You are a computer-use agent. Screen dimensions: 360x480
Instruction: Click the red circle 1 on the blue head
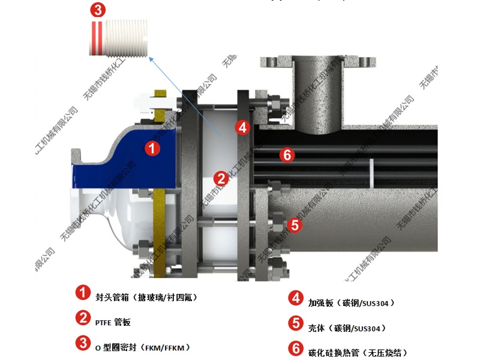(154, 149)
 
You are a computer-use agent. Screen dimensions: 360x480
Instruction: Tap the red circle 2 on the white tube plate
(221, 178)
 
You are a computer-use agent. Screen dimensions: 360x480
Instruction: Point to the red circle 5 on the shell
(295, 225)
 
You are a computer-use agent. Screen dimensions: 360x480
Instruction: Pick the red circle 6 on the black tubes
(287, 155)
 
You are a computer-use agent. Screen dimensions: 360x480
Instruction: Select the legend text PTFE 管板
(113, 322)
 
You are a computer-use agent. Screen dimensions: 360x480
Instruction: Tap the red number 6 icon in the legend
(295, 349)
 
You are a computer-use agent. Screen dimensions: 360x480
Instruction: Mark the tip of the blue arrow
(151, 57)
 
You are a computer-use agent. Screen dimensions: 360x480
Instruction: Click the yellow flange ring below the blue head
(159, 234)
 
